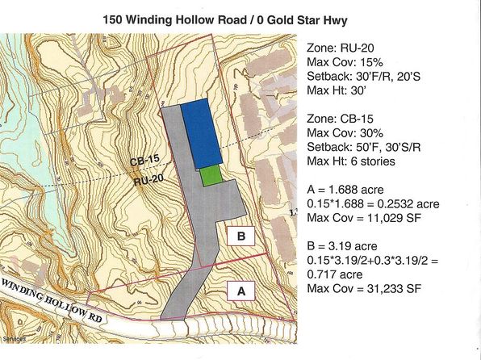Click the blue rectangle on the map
pos(197,135)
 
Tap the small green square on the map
pos(211,175)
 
